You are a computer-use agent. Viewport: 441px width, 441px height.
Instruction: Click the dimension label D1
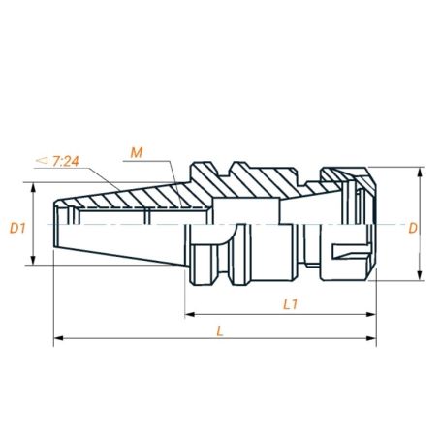[16, 229]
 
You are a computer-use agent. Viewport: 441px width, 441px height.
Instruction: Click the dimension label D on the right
[412, 229]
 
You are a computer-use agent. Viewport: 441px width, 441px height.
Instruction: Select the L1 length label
[289, 304]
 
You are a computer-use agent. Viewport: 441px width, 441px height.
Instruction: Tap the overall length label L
[221, 330]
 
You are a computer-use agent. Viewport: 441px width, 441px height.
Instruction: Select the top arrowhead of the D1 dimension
[35, 187]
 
